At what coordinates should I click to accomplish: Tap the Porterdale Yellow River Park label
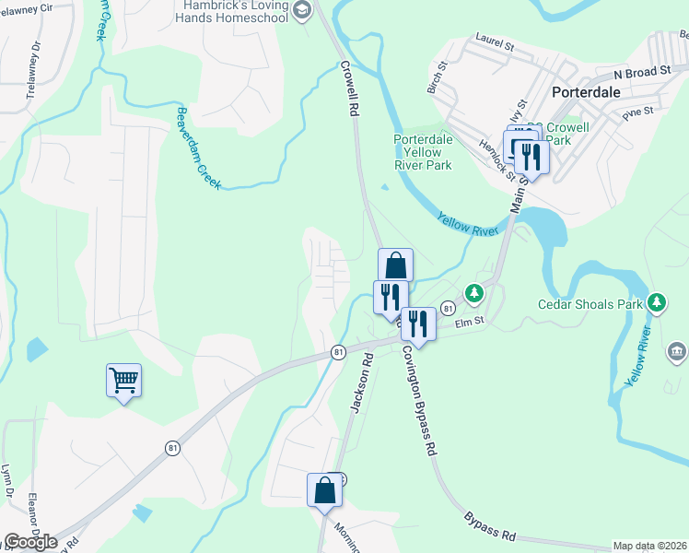[423, 152]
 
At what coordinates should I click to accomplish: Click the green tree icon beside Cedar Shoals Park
[657, 302]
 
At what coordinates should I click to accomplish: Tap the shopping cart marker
[123, 379]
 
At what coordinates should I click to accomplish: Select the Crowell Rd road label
[348, 88]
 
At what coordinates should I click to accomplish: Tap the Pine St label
[636, 112]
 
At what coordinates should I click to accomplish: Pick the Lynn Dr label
[8, 485]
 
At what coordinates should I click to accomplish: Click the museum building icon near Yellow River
[677, 351]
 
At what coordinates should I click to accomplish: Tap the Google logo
[30, 542]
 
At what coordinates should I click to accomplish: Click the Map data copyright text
[649, 546]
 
